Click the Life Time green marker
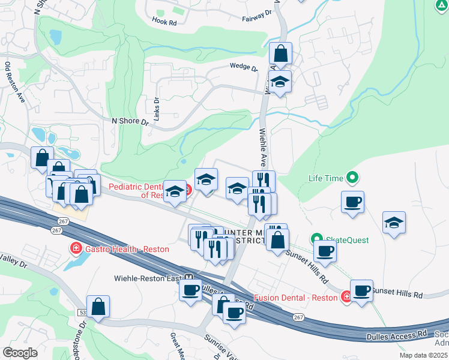tap(353, 178)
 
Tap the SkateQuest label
tap(347, 240)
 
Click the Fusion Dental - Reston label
tap(297, 298)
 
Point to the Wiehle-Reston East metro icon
tap(189, 278)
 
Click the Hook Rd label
tap(164, 23)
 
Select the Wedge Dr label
tap(243, 67)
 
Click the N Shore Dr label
tap(130, 121)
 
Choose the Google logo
tap(20, 352)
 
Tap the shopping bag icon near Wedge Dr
tap(280, 55)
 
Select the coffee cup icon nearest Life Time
tap(352, 202)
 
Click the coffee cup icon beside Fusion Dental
tap(362, 291)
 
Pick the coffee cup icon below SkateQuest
tap(325, 251)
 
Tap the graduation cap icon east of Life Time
tap(394, 223)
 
